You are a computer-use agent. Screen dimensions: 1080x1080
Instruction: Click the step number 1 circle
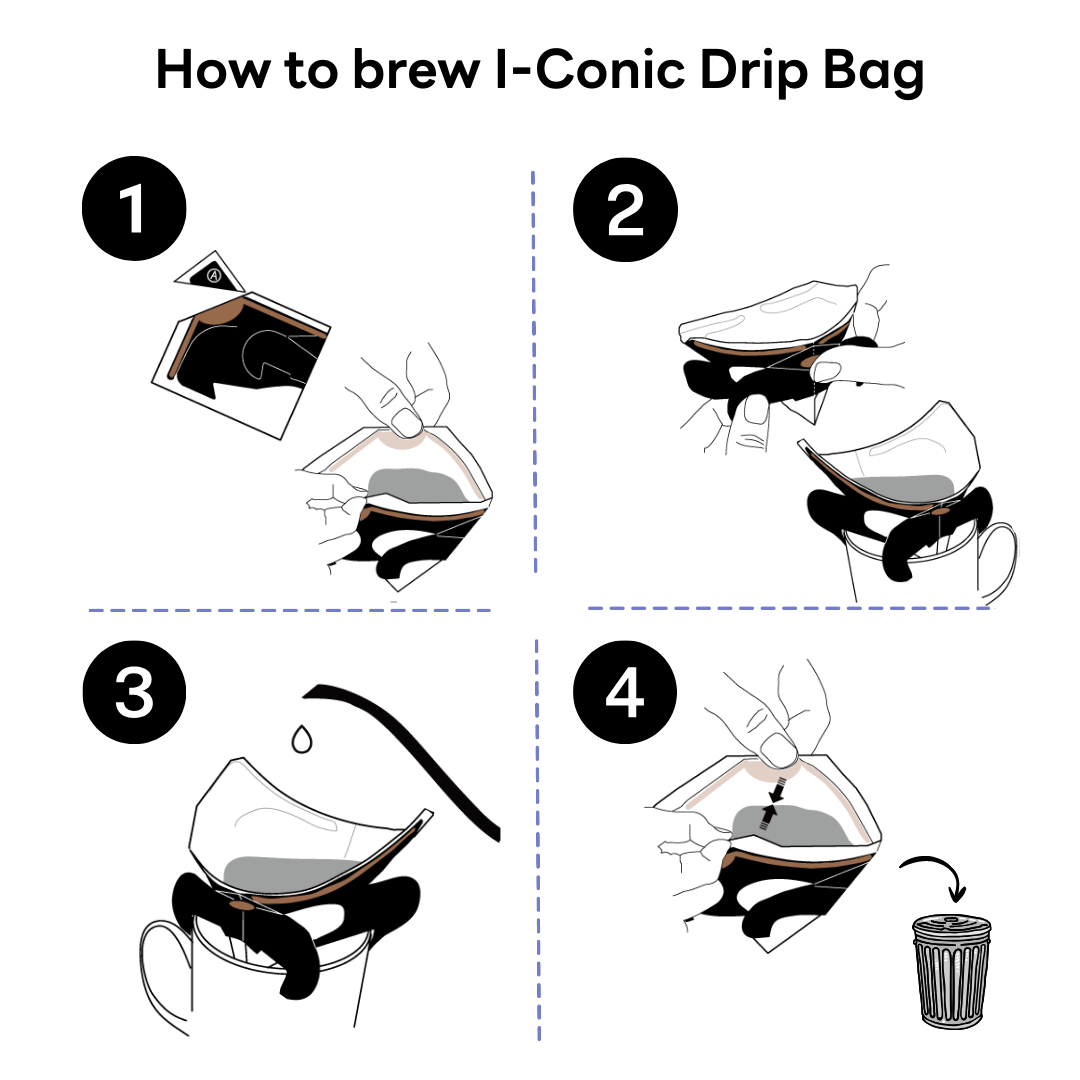click(x=134, y=208)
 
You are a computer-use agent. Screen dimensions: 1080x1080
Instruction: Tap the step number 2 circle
click(x=625, y=209)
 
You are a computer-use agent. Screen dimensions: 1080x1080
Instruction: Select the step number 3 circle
click(x=134, y=692)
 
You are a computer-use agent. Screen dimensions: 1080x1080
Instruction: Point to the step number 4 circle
click(x=625, y=692)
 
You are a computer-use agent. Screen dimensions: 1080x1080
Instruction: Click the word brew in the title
click(x=416, y=70)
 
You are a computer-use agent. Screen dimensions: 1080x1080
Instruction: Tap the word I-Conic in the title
click(x=590, y=70)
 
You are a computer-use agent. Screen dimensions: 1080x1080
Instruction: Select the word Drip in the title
click(x=754, y=73)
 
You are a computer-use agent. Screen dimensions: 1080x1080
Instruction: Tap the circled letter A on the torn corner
click(x=214, y=276)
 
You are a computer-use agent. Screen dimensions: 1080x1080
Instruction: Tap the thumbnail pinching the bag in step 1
click(x=406, y=422)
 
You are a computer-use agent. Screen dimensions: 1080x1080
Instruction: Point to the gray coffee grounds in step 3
click(x=289, y=875)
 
